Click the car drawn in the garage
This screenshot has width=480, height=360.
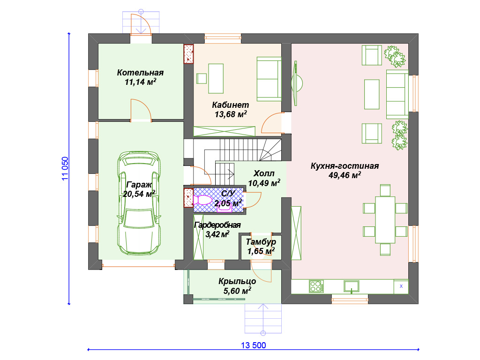(139, 203)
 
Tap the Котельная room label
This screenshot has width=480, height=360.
(140, 73)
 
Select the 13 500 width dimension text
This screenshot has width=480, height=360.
(253, 345)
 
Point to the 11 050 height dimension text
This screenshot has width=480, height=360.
(65, 169)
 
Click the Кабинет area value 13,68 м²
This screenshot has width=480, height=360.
(231, 114)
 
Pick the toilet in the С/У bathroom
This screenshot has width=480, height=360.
(202, 200)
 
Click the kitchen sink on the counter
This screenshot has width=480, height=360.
(352, 286)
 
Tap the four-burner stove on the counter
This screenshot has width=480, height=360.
(316, 286)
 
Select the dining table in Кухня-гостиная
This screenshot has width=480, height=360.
(385, 220)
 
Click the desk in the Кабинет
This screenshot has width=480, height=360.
(216, 78)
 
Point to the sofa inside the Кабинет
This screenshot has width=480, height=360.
(269, 79)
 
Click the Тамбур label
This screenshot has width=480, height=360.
(261, 242)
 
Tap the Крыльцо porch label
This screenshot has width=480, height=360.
(237, 281)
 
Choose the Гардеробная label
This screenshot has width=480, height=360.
(217, 225)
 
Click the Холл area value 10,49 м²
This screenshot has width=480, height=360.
(264, 183)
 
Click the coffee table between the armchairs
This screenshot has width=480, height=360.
(372, 94)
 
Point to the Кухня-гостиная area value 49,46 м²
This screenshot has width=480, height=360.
(345, 175)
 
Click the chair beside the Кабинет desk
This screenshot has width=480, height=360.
(202, 78)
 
